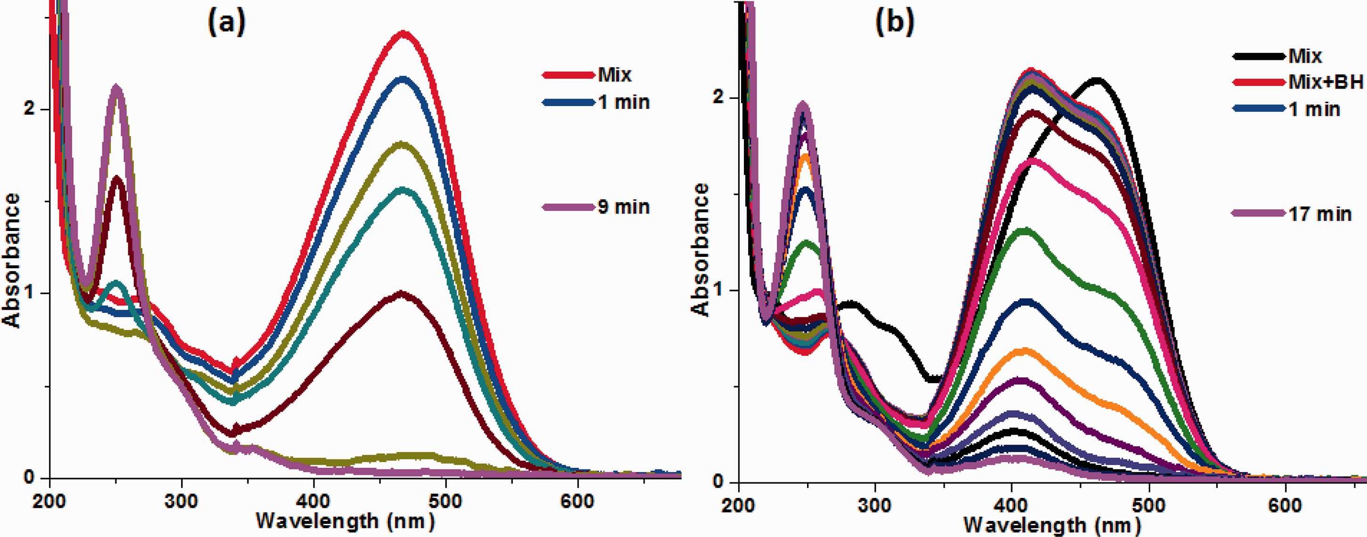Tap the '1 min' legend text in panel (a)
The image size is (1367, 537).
click(x=624, y=102)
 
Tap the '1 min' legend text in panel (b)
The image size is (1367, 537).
click(x=1315, y=109)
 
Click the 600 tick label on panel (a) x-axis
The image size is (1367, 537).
click(x=577, y=500)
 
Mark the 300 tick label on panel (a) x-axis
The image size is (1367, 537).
click(x=181, y=500)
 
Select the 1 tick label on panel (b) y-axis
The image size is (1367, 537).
click(x=720, y=290)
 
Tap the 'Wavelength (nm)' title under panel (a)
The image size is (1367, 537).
click(x=346, y=521)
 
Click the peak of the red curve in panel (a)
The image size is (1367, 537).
click(x=404, y=33)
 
